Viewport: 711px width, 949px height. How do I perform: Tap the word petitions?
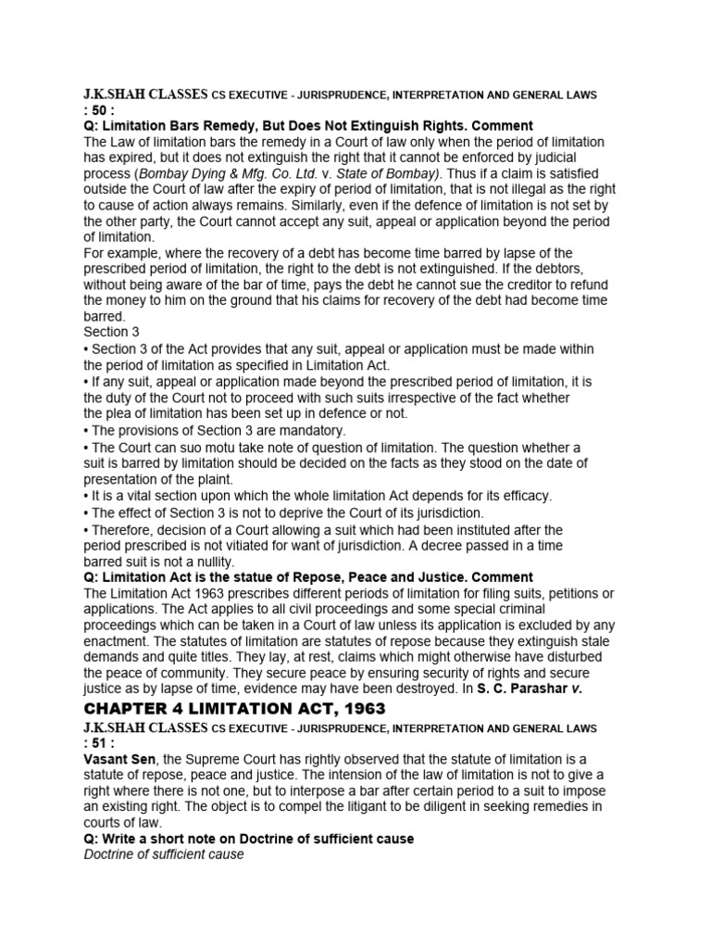coord(580,593)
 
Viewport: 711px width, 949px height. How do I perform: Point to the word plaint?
coord(216,479)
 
